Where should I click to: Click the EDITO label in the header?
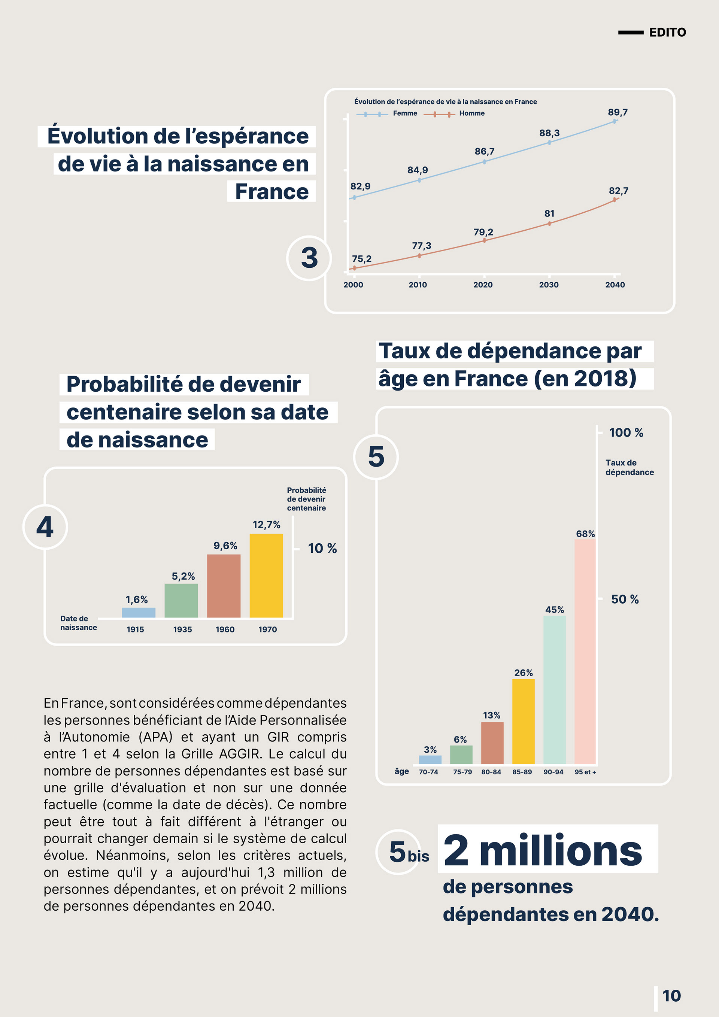(667, 32)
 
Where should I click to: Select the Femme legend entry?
(404, 113)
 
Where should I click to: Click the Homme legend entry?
(471, 113)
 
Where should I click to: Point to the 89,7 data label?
(618, 112)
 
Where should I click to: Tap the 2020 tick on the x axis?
(483, 285)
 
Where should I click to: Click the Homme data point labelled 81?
(549, 223)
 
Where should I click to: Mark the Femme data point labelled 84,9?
(419, 180)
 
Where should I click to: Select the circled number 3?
(309, 258)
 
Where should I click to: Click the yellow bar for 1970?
(266, 576)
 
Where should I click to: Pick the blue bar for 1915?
(139, 613)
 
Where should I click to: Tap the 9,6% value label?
(225, 546)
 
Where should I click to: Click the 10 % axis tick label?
(322, 548)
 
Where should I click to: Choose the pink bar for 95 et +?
(585, 651)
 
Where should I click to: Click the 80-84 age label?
(491, 772)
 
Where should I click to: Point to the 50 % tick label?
(625, 599)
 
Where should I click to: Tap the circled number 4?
(45, 527)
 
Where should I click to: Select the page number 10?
(671, 996)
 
